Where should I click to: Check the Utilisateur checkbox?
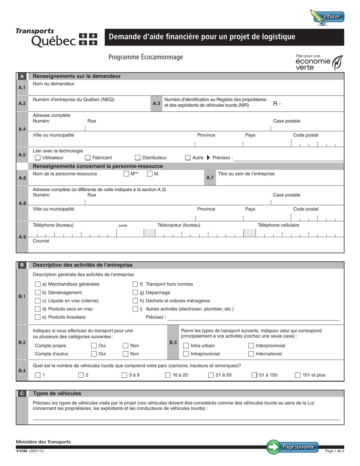click(x=38, y=158)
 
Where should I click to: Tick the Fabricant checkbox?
click(x=88, y=158)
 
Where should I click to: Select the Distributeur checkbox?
click(x=138, y=158)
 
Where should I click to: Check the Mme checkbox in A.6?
click(x=126, y=174)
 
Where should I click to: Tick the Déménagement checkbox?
click(x=38, y=292)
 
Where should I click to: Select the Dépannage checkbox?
click(x=135, y=292)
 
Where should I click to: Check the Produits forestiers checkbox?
click(x=38, y=317)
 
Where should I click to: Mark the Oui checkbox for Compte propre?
click(x=94, y=346)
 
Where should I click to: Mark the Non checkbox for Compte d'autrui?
click(x=125, y=354)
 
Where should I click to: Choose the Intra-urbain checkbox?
click(x=186, y=346)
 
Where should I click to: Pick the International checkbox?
click(x=251, y=354)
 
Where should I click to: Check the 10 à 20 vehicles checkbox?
click(x=168, y=375)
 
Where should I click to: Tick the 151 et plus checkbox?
click(x=298, y=375)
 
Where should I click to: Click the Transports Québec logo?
click(x=56, y=37)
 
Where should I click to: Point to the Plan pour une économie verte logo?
click(x=319, y=63)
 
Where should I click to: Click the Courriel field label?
click(x=41, y=241)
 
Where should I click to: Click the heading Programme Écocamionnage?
click(x=146, y=57)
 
